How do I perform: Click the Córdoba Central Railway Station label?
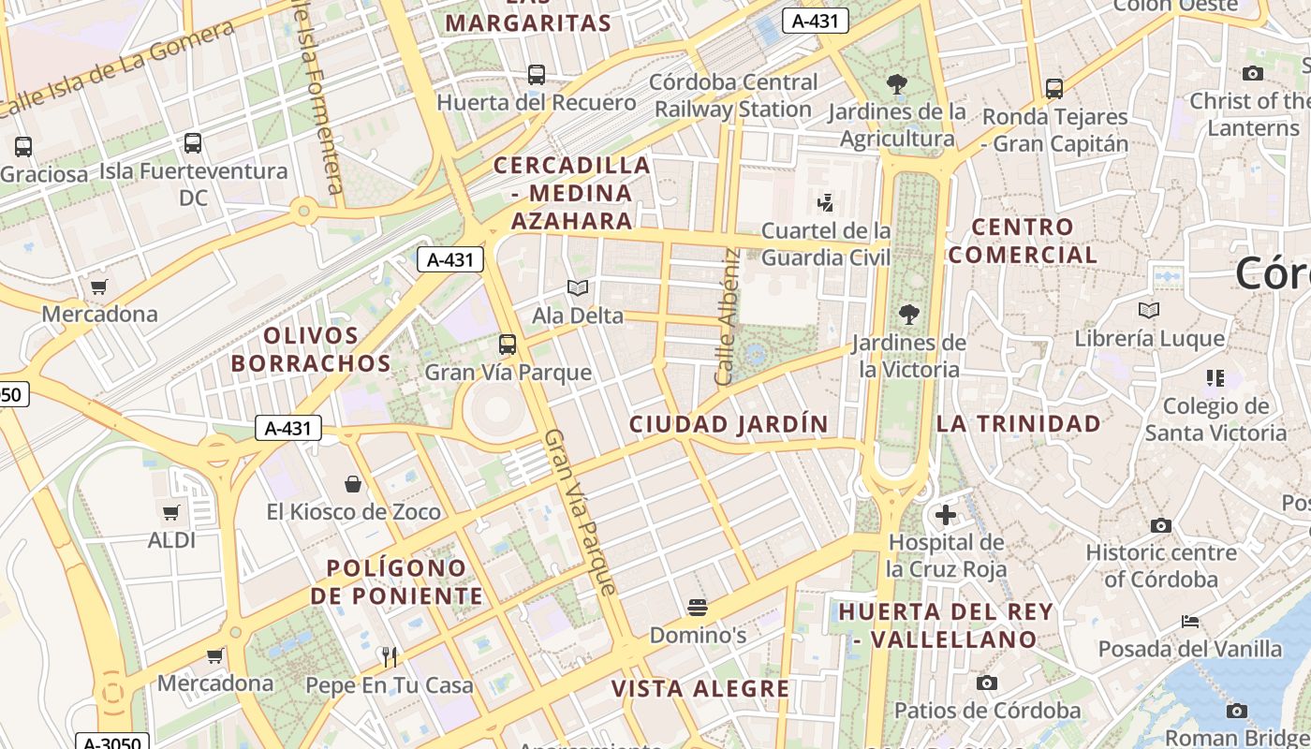(x=734, y=95)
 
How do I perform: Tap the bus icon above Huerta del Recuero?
(x=537, y=75)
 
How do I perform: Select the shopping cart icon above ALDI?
(x=171, y=513)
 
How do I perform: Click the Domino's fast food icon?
(x=697, y=608)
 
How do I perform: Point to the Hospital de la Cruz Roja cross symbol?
(x=946, y=515)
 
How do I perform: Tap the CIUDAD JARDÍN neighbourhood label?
(x=729, y=424)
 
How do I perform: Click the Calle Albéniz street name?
(x=727, y=316)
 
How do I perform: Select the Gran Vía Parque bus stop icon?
(x=507, y=345)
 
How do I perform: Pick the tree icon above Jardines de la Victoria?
(x=908, y=315)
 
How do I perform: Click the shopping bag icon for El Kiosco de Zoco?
(x=353, y=484)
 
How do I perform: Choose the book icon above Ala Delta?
(x=578, y=287)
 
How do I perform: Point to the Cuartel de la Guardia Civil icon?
(x=825, y=202)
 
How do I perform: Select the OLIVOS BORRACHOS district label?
(x=311, y=349)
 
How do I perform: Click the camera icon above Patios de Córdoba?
(x=986, y=683)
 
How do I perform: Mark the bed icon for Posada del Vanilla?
(x=1189, y=621)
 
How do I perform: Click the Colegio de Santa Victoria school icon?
(x=1215, y=378)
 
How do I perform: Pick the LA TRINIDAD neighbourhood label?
(x=1019, y=424)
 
